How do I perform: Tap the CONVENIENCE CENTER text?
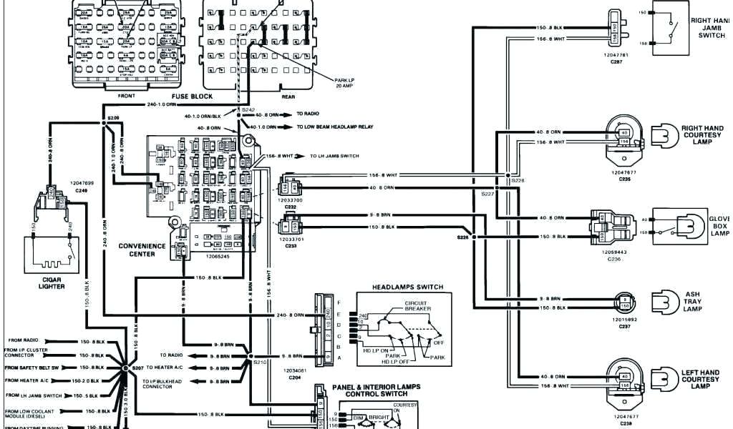(142, 250)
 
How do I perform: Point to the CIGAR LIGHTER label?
(52, 282)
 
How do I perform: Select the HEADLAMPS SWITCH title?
(407, 287)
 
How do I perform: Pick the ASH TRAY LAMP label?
(692, 301)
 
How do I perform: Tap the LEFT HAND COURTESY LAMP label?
(700, 379)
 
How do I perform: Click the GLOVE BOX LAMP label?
(719, 226)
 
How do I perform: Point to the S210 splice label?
(259, 363)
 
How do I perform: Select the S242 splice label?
(248, 109)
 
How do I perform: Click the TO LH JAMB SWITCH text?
(334, 155)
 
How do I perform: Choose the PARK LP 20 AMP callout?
(344, 82)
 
